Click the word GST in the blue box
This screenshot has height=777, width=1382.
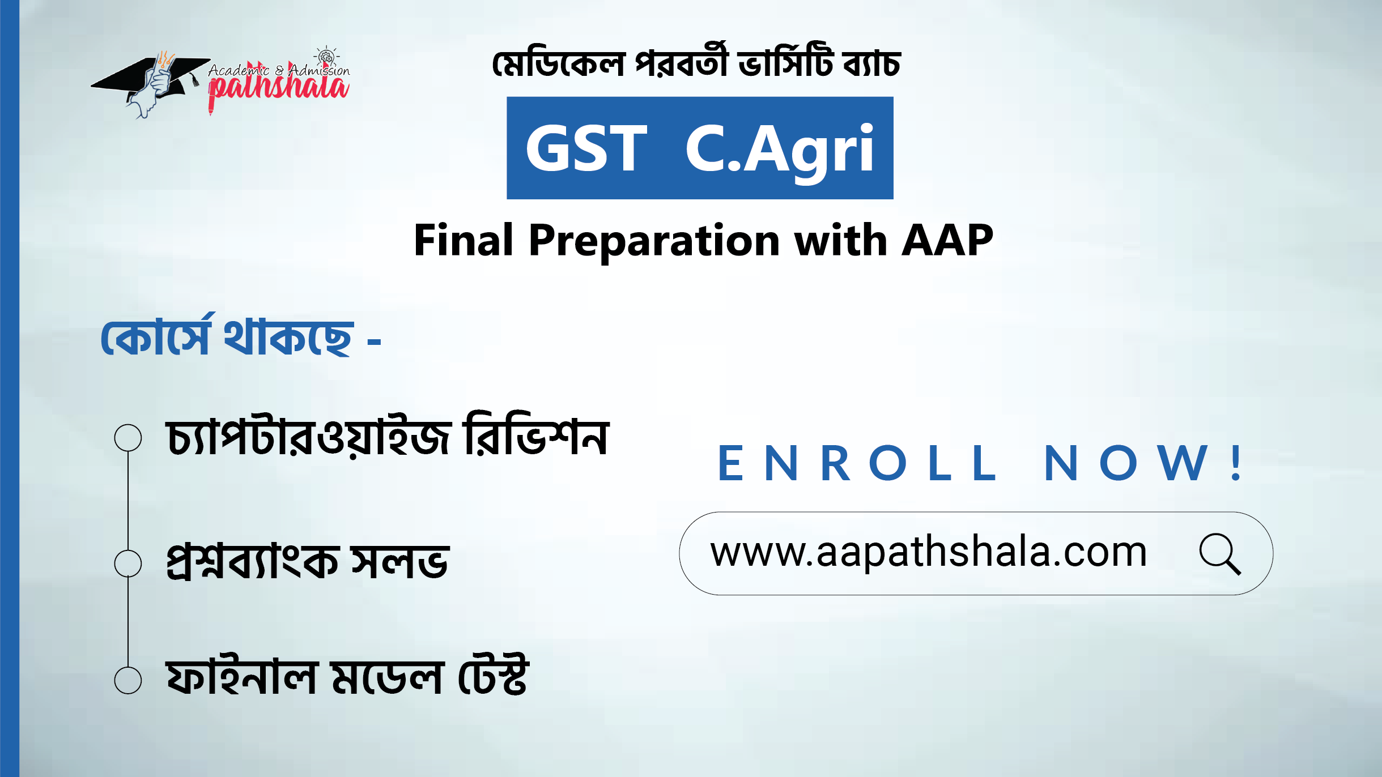click(x=586, y=148)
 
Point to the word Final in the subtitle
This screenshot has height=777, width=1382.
click(x=463, y=240)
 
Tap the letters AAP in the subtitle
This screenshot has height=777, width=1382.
click(x=947, y=240)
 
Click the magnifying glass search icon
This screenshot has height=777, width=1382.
click(x=1219, y=554)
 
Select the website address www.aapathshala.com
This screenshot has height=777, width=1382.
click(x=928, y=553)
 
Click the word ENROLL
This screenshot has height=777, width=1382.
click(x=857, y=463)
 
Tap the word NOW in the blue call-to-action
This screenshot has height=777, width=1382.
click(x=1125, y=463)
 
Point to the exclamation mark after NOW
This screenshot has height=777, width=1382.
click(x=1237, y=463)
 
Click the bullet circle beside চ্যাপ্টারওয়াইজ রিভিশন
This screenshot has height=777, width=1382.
click(x=128, y=438)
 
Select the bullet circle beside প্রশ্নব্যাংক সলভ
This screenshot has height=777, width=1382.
click(x=128, y=563)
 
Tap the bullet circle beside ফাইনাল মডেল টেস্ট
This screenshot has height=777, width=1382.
click(x=128, y=680)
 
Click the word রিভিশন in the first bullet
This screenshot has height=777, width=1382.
click(x=536, y=434)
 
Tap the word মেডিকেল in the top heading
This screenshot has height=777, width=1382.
click(x=558, y=63)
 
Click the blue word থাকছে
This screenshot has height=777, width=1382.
click(x=288, y=337)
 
